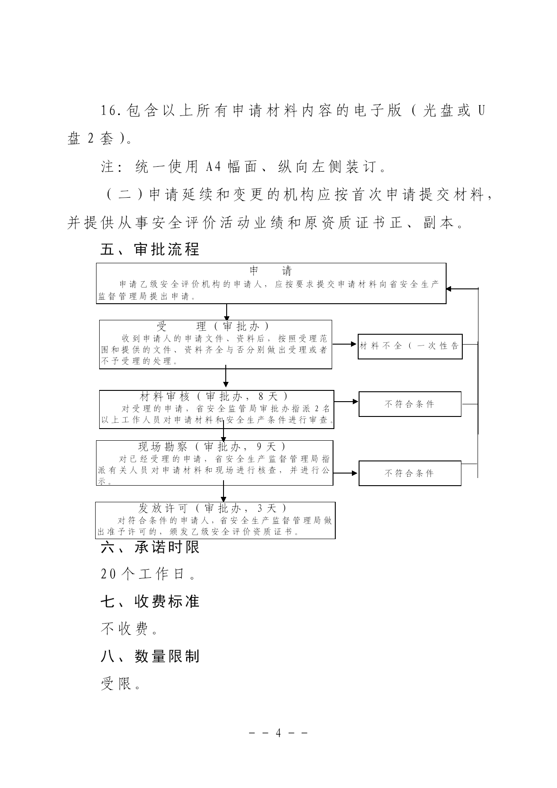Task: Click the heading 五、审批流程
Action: coord(150,249)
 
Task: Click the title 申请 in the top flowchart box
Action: coord(271,271)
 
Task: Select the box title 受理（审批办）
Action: coord(213,326)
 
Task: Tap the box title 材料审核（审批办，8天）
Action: coord(214,396)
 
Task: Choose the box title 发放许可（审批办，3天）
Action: coord(213,508)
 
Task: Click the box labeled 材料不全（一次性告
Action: coord(410,346)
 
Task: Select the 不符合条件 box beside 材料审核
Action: coord(410,404)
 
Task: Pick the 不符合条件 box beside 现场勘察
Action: coord(410,473)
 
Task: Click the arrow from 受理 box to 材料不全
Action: coord(345,345)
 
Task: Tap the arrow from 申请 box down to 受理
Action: coord(227,312)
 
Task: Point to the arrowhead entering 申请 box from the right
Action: coord(449,288)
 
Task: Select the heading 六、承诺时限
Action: coord(150,547)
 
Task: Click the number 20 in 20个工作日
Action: coord(109,574)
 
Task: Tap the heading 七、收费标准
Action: coord(150,602)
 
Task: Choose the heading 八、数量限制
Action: coord(150,657)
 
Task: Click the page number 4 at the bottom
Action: coord(278,733)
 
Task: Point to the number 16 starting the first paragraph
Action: coord(109,111)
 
